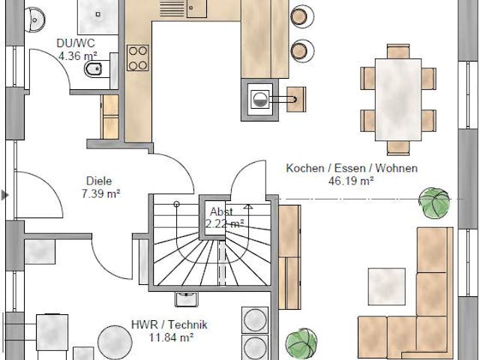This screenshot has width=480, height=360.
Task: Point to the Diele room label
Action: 99,181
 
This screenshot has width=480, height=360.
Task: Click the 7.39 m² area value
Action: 101,193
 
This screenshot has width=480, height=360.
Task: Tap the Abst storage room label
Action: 220,211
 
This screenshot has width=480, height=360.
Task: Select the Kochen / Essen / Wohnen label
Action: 351,168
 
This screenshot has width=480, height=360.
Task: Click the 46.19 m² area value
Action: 351,180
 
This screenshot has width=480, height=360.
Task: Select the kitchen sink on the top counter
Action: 197,8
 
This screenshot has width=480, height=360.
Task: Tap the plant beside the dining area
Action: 434,202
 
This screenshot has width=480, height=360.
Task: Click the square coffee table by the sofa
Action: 386,286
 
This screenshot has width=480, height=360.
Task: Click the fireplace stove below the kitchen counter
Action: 259,100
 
